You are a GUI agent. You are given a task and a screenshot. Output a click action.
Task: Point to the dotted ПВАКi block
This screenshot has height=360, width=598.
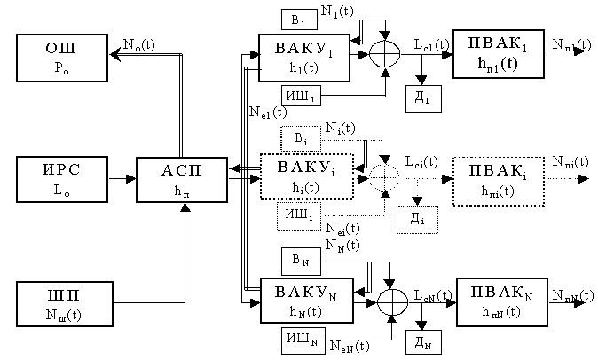coord(495,180)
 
